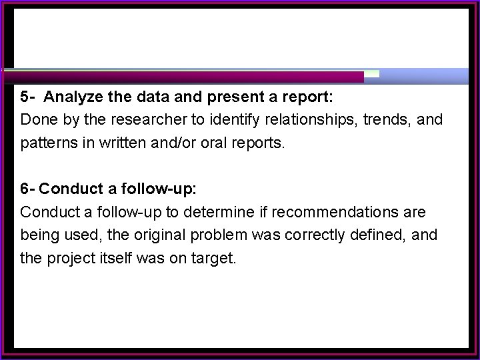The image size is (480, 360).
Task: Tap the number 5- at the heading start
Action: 28,97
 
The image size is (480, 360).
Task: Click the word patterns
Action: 45,143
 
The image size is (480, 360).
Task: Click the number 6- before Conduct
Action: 28,189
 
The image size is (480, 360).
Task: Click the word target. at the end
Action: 214,258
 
